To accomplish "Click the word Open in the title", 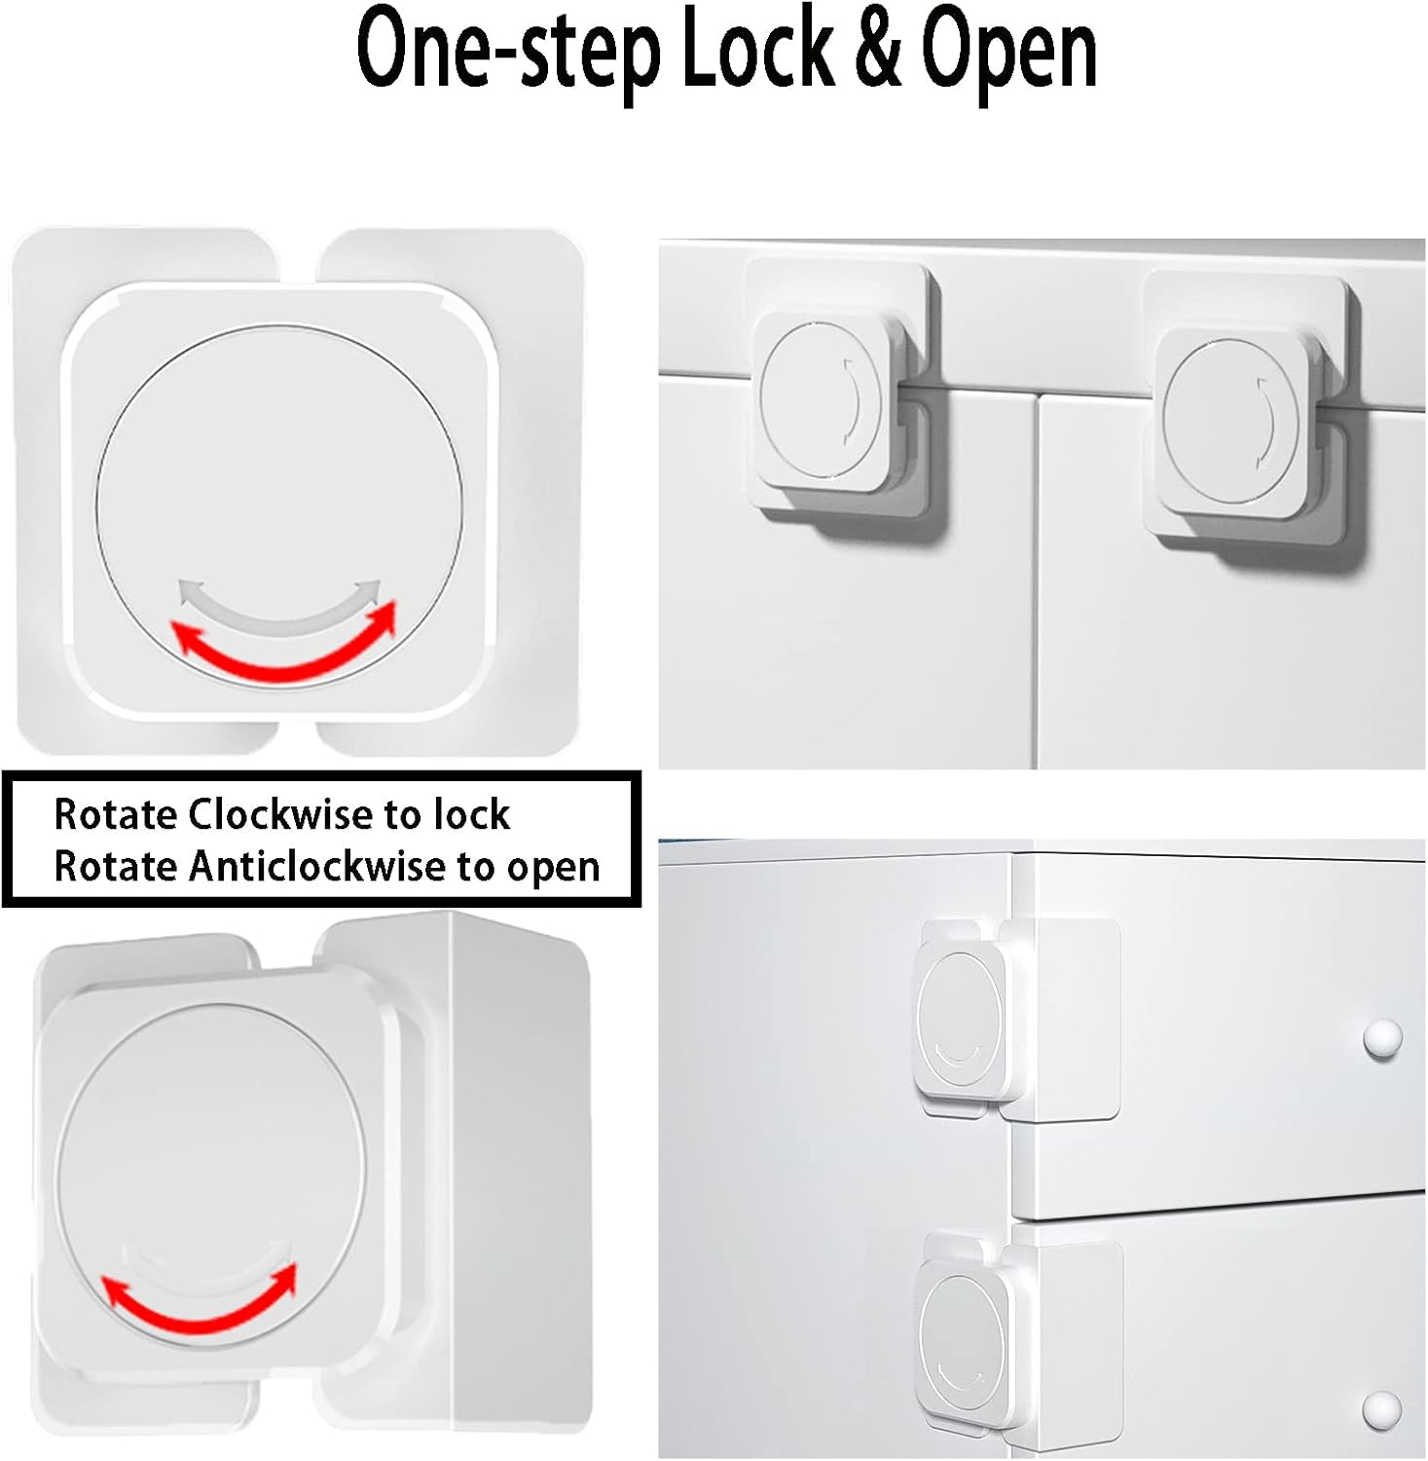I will point(1008,54).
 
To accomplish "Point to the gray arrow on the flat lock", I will point(278,608).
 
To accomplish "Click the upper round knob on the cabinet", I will point(1381,1038).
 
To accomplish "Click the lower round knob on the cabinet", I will point(1381,1408).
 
